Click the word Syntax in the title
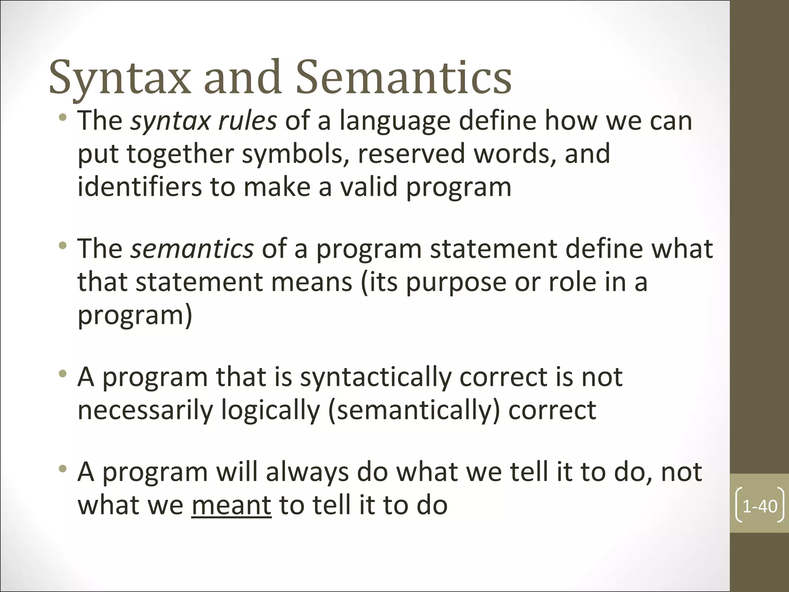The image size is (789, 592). point(120,78)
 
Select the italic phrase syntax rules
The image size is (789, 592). point(203,121)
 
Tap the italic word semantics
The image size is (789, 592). point(192,249)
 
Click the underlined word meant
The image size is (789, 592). point(231,505)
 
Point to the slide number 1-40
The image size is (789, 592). point(759,506)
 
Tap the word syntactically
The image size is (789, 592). point(375,377)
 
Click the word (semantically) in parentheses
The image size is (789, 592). point(414,410)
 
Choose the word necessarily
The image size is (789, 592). point(145,410)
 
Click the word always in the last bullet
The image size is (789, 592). point(307,472)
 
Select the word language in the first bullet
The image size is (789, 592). point(395,121)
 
